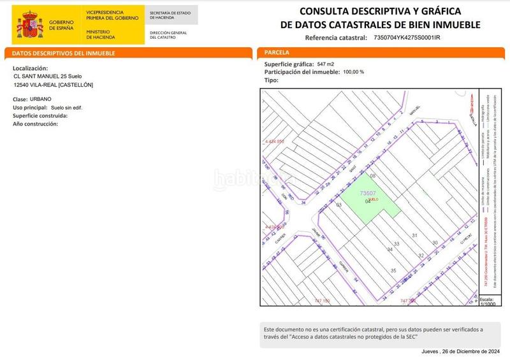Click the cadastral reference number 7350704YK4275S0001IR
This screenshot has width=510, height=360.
407,38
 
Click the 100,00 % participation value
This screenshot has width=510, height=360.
354,72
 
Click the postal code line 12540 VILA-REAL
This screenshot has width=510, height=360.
54,85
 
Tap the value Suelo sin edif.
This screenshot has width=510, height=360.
67,108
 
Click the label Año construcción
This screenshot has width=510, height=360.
36,124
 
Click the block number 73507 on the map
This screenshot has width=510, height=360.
368,192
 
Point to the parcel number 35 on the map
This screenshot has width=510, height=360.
393,270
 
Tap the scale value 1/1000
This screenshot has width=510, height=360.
487,304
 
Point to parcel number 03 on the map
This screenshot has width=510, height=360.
339,205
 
